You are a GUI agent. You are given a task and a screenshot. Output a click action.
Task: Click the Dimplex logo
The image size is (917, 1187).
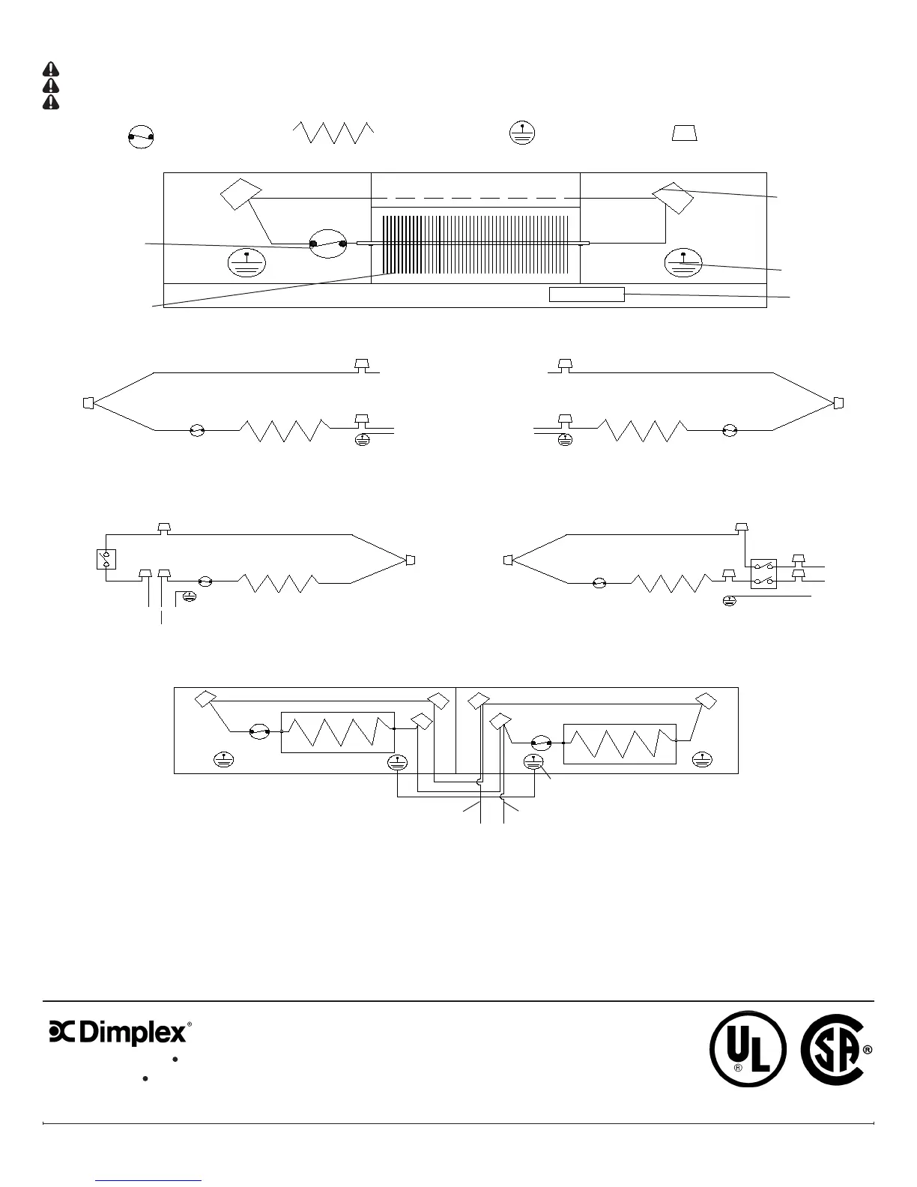click(x=120, y=1033)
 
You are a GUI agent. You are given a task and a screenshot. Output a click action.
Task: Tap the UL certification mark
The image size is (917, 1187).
click(x=748, y=1049)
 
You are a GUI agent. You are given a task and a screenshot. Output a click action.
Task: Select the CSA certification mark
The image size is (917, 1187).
click(x=835, y=1049)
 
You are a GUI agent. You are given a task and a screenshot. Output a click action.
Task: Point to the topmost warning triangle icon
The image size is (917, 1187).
click(x=51, y=70)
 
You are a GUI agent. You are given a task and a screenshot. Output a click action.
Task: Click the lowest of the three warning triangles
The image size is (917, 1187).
click(x=51, y=102)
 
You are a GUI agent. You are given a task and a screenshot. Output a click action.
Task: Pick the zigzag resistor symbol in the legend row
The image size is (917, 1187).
click(x=333, y=133)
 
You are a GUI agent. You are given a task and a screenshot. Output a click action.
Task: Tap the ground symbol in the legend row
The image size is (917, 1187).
click(x=522, y=133)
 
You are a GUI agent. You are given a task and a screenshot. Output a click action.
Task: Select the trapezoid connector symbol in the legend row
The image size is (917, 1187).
click(x=684, y=133)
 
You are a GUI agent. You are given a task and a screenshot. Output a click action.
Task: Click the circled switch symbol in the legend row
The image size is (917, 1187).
click(x=141, y=137)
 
